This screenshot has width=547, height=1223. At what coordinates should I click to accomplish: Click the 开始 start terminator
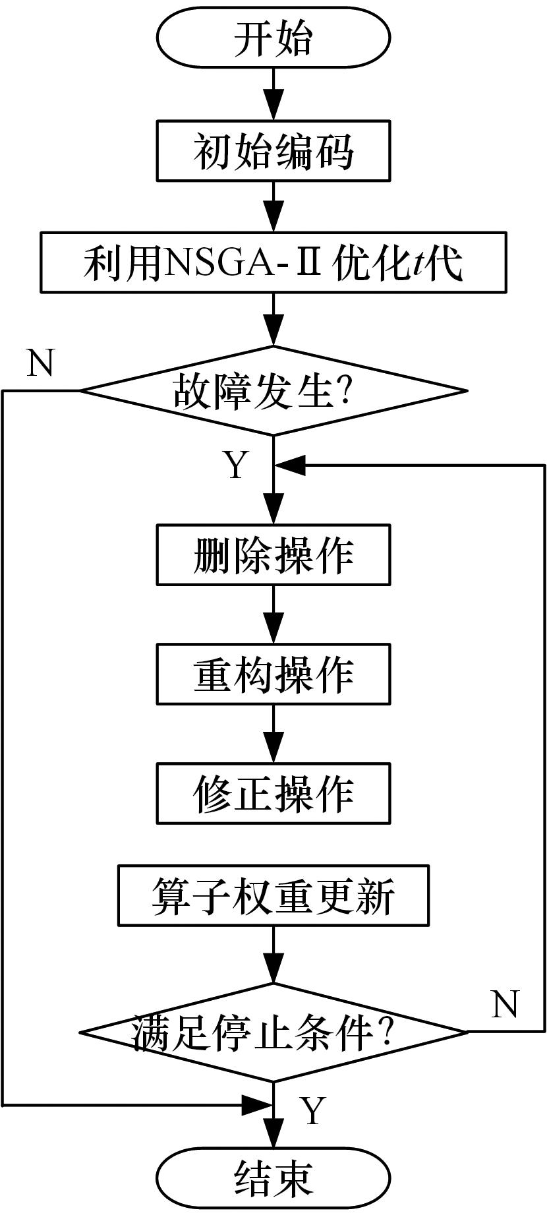[x=273, y=38]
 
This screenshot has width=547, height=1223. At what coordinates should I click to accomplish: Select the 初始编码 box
[x=273, y=151]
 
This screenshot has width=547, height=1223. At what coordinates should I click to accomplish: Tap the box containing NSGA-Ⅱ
[x=273, y=262]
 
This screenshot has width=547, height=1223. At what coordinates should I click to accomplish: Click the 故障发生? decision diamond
[x=273, y=390]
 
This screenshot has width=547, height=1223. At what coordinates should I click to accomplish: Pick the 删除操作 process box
[x=273, y=554]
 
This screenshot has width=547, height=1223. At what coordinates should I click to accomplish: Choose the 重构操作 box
[x=273, y=674]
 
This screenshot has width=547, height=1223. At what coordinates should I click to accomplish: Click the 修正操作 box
[x=273, y=793]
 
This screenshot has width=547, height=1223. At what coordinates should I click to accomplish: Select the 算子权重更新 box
[x=273, y=895]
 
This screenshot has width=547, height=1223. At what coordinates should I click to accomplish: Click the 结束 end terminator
[x=273, y=1178]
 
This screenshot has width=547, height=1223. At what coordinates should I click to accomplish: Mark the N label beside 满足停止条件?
[x=505, y=1004]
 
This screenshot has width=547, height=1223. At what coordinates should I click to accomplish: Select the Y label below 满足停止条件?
[x=312, y=1110]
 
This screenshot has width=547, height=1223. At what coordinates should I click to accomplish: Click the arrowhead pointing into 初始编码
[x=273, y=106]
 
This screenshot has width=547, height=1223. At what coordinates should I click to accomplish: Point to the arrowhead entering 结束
[x=273, y=1133]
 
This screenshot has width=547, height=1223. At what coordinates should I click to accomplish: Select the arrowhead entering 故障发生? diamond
[x=273, y=331]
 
